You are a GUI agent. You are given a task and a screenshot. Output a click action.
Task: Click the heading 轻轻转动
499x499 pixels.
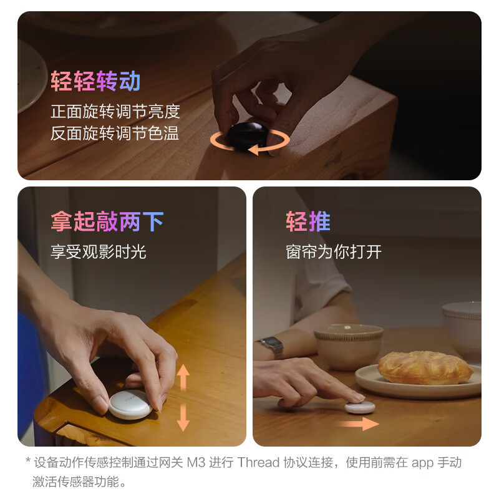tap(95, 82)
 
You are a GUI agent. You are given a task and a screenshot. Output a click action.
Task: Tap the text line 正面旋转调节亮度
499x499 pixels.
tap(115, 112)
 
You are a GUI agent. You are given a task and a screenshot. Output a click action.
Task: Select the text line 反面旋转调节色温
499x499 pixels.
tap(115, 133)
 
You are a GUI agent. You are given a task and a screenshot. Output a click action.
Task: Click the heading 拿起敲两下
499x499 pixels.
tap(107, 221)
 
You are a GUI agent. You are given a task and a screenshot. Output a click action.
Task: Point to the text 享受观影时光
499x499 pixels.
tap(99, 251)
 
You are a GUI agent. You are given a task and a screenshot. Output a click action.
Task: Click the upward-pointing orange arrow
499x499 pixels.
tap(183, 377)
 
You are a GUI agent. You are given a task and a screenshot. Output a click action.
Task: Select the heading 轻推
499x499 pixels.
tap(308, 221)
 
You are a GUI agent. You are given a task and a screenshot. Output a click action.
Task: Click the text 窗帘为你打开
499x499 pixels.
tap(334, 251)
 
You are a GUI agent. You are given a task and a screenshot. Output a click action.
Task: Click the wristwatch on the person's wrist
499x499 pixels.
tap(272, 346)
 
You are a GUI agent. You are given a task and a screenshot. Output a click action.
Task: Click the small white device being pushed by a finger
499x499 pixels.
tap(360, 407)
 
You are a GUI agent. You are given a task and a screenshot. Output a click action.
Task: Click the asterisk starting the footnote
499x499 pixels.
tap(27, 463)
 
